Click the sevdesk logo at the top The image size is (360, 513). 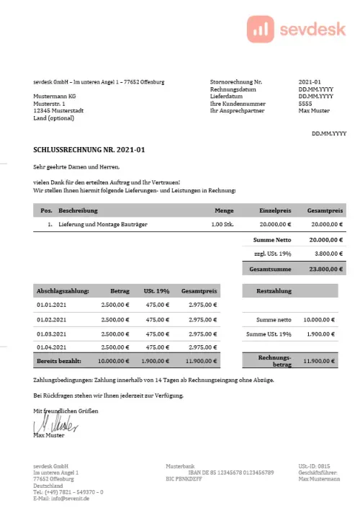pyautogui.click(x=296, y=28)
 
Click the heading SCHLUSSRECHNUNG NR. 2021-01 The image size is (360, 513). pyautogui.click(x=89, y=150)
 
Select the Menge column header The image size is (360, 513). pyautogui.click(x=224, y=210)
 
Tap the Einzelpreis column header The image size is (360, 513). pyautogui.click(x=275, y=210)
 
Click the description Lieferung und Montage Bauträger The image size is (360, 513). pyautogui.click(x=104, y=225)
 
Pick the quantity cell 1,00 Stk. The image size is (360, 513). pyautogui.click(x=222, y=225)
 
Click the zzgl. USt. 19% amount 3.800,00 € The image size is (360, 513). pyautogui.click(x=326, y=254)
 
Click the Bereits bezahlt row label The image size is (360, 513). pyautogui.click(x=58, y=360)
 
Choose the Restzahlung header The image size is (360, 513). pyautogui.click(x=274, y=291)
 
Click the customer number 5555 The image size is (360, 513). pyautogui.click(x=305, y=104)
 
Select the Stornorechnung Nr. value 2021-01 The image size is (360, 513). pyautogui.click(x=310, y=82)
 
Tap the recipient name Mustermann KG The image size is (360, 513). pyautogui.click(x=53, y=96)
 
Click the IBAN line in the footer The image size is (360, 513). pyautogui.click(x=230, y=472)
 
